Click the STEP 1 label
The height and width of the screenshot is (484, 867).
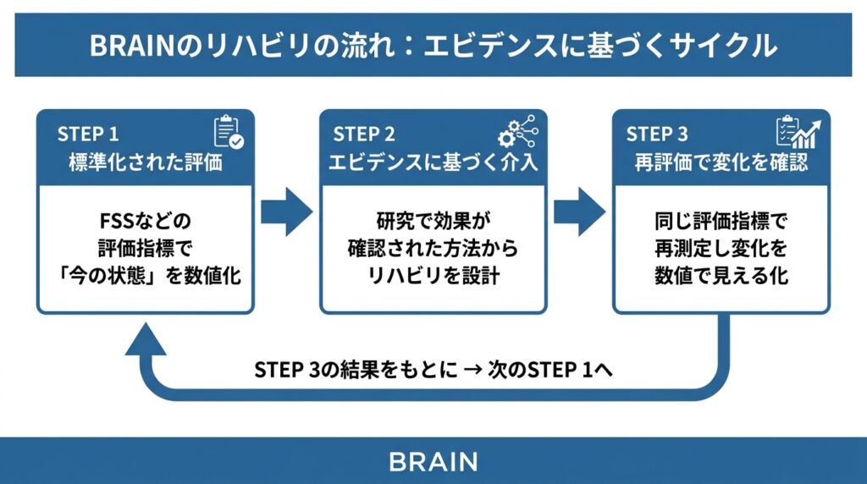point(88,135)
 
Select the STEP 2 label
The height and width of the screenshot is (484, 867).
point(363,135)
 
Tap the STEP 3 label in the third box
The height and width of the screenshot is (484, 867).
point(657,135)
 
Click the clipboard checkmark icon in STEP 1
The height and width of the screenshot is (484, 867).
point(228,132)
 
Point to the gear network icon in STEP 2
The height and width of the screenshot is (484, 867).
point(516,133)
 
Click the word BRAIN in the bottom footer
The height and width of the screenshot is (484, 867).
point(433,462)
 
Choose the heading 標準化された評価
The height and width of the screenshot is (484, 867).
point(146,162)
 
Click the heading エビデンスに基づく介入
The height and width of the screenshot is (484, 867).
point(433,162)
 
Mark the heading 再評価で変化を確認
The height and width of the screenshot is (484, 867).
point(721,162)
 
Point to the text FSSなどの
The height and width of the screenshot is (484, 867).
point(146,223)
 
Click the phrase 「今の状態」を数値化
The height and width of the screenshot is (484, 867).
point(146,277)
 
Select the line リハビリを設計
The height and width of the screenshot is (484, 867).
point(433,277)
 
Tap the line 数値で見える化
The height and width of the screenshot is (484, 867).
point(721,277)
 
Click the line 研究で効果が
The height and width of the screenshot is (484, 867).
point(433,223)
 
